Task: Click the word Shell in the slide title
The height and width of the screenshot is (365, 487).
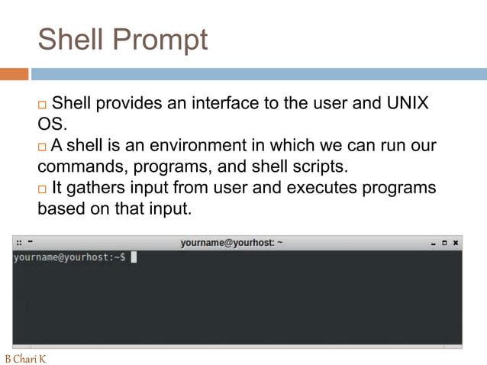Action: pyautogui.click(x=73, y=40)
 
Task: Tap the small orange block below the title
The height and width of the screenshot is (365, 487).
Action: pyautogui.click(x=14, y=74)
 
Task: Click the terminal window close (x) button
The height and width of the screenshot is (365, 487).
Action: pyautogui.click(x=455, y=243)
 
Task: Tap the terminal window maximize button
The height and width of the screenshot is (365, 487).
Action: pyautogui.click(x=444, y=243)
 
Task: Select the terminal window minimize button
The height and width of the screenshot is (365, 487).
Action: pyautogui.click(x=433, y=244)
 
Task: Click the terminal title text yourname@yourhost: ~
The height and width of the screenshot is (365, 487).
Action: pyautogui.click(x=232, y=243)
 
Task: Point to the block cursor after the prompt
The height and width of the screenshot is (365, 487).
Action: pyautogui.click(x=134, y=257)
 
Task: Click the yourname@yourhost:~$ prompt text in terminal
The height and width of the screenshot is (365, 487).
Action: pyautogui.click(x=69, y=257)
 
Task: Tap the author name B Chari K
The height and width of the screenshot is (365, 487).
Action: pyautogui.click(x=25, y=358)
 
